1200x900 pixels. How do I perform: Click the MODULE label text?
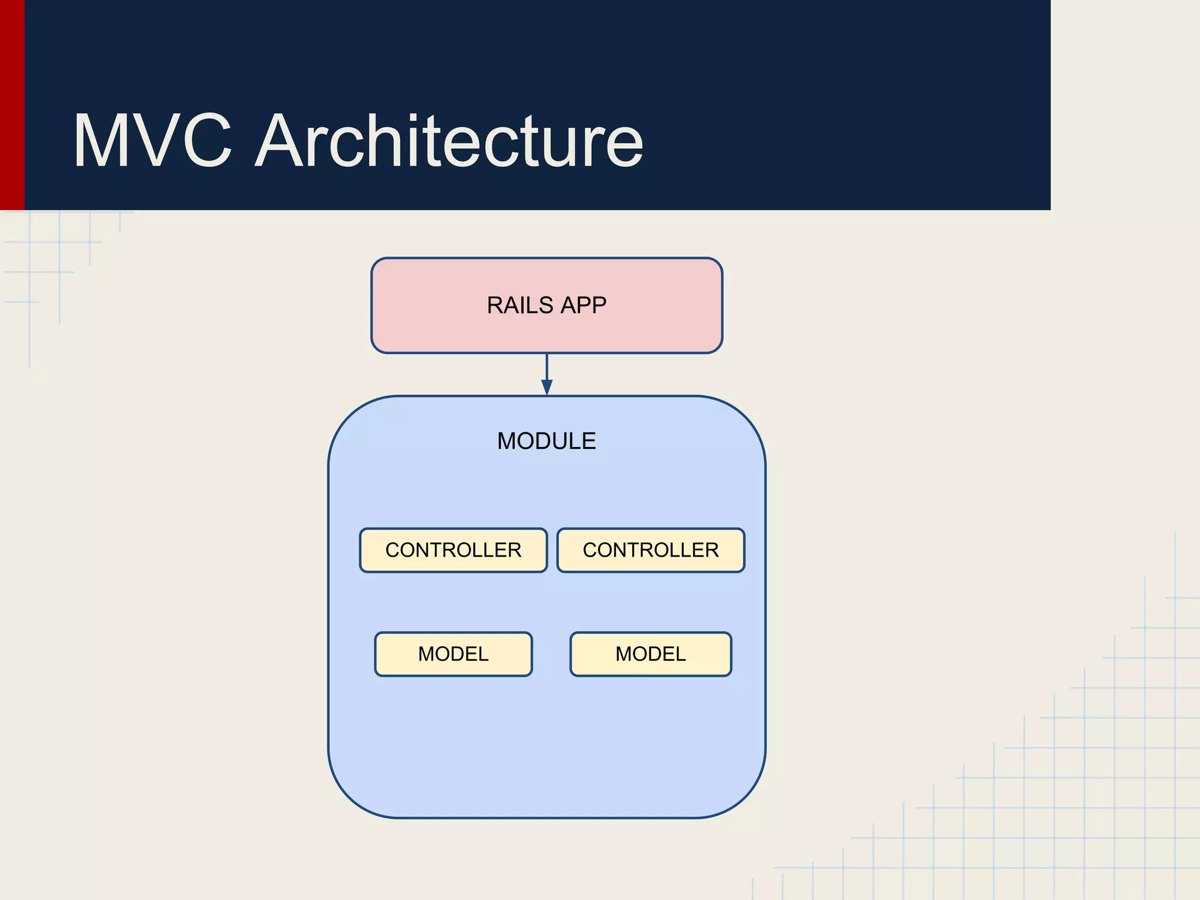pyautogui.click(x=546, y=441)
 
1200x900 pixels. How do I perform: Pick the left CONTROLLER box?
pyautogui.click(x=453, y=550)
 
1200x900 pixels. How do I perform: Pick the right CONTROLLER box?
pyautogui.click(x=650, y=550)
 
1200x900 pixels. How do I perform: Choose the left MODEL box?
pyautogui.click(x=453, y=654)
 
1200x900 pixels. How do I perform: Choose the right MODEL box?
pyautogui.click(x=650, y=654)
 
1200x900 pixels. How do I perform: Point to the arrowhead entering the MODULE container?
pyautogui.click(x=547, y=387)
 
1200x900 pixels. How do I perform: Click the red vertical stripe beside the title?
pyautogui.click(x=12, y=105)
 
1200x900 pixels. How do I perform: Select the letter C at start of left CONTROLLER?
pyautogui.click(x=393, y=550)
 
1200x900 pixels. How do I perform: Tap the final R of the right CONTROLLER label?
pyautogui.click(x=712, y=550)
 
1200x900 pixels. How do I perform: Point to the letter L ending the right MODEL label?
pyautogui.click(x=680, y=654)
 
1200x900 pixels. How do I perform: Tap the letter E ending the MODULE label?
pyautogui.click(x=589, y=441)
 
